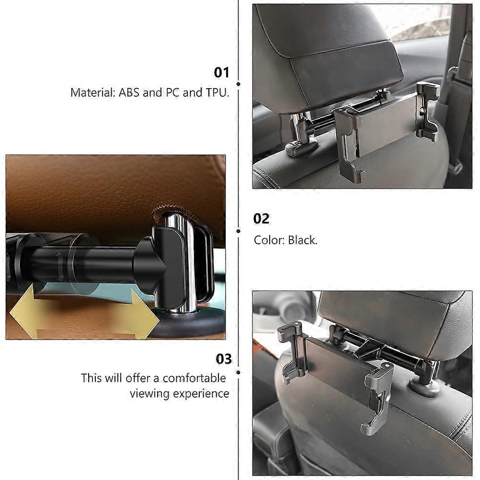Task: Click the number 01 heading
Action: [221, 72]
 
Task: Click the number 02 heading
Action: [261, 218]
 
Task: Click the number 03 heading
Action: [224, 359]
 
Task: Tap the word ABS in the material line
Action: [129, 92]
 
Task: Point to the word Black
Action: [302, 240]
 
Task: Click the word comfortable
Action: [194, 378]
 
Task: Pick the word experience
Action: [201, 393]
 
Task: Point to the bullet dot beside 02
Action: [239, 231]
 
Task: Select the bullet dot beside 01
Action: [239, 84]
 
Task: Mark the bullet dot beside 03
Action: [239, 372]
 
